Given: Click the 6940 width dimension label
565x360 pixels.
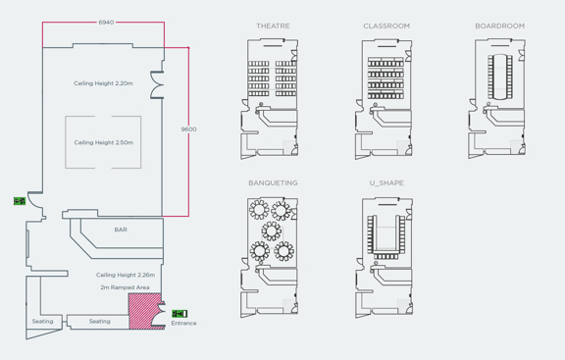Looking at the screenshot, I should coord(105,22).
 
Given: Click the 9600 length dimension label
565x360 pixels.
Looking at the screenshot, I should coord(188,129).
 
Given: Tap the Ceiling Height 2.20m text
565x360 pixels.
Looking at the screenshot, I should coord(103,83).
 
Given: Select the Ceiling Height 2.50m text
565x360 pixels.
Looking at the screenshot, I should coord(103,142).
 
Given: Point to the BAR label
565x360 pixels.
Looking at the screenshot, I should coord(121,230).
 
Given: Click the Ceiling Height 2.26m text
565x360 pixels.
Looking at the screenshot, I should coord(125,276).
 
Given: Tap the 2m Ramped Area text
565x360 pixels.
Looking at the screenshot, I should coord(125,288).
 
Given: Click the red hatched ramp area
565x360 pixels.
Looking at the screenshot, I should coord(144,312).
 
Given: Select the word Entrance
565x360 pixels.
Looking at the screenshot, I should coord(183,323).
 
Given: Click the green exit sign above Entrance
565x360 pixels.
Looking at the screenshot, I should coord(179,314).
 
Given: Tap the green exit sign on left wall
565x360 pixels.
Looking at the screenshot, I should coord(20,201).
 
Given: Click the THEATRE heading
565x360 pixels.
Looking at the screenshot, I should coord(273,26).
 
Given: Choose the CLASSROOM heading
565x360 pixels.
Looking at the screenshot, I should coord(386,26).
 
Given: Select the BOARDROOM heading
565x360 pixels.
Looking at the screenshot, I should coord(499,26).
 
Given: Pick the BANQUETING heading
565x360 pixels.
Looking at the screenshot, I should coord(273,183).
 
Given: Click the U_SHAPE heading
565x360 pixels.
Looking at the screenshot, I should coord(386,183).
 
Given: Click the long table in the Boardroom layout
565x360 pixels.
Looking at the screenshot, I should coord(500,76).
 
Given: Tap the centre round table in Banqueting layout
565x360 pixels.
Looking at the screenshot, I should coord(272,231).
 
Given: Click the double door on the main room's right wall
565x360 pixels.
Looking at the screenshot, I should coord(156,84).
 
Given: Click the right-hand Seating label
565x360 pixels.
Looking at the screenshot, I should coord(100,322).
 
